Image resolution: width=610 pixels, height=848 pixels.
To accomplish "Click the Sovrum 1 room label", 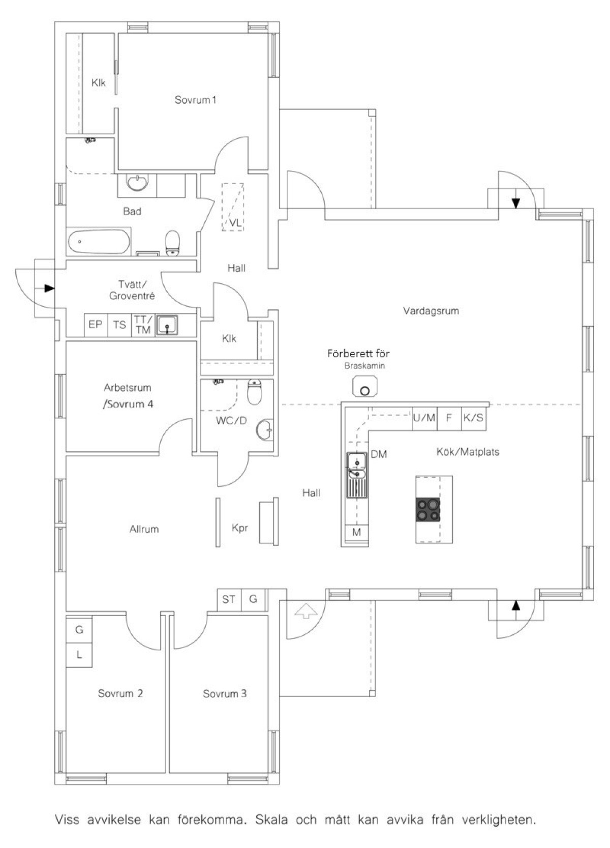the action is click(x=195, y=100).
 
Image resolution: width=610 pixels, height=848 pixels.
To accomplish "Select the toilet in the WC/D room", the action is click(x=254, y=392).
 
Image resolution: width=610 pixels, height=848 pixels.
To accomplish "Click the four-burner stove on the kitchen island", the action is click(x=428, y=510).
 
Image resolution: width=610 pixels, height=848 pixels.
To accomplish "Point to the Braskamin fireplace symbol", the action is click(x=365, y=386).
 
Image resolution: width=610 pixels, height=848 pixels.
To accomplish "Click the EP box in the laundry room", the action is click(x=96, y=325).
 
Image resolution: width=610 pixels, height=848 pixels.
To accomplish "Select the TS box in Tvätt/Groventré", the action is click(x=119, y=325).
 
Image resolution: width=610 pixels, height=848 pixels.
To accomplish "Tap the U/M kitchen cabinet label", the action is click(x=424, y=418).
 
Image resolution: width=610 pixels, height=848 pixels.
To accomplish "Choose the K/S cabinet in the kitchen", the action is click(x=474, y=418).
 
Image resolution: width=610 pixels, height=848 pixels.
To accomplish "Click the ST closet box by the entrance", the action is click(x=229, y=599).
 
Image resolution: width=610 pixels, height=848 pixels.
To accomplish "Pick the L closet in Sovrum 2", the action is click(x=79, y=655).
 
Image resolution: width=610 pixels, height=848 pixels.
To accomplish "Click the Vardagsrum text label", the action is click(x=431, y=311).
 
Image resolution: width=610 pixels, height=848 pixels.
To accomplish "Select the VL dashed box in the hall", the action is click(x=233, y=207).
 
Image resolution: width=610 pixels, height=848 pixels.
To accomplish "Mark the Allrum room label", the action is click(x=144, y=529).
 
